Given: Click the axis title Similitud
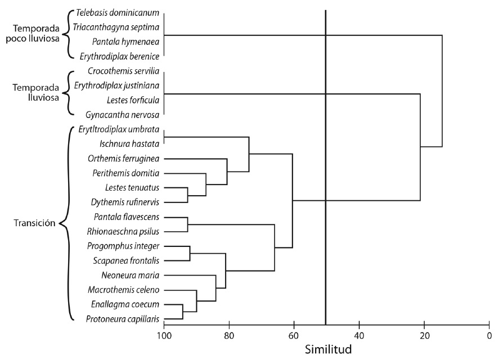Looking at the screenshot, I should point(329,349).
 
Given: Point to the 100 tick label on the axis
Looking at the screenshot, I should point(164,336).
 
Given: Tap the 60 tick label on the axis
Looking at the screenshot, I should point(294,336).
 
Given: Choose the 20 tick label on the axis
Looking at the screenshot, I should point(424,336).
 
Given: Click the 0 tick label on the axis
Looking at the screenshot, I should point(488,336).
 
